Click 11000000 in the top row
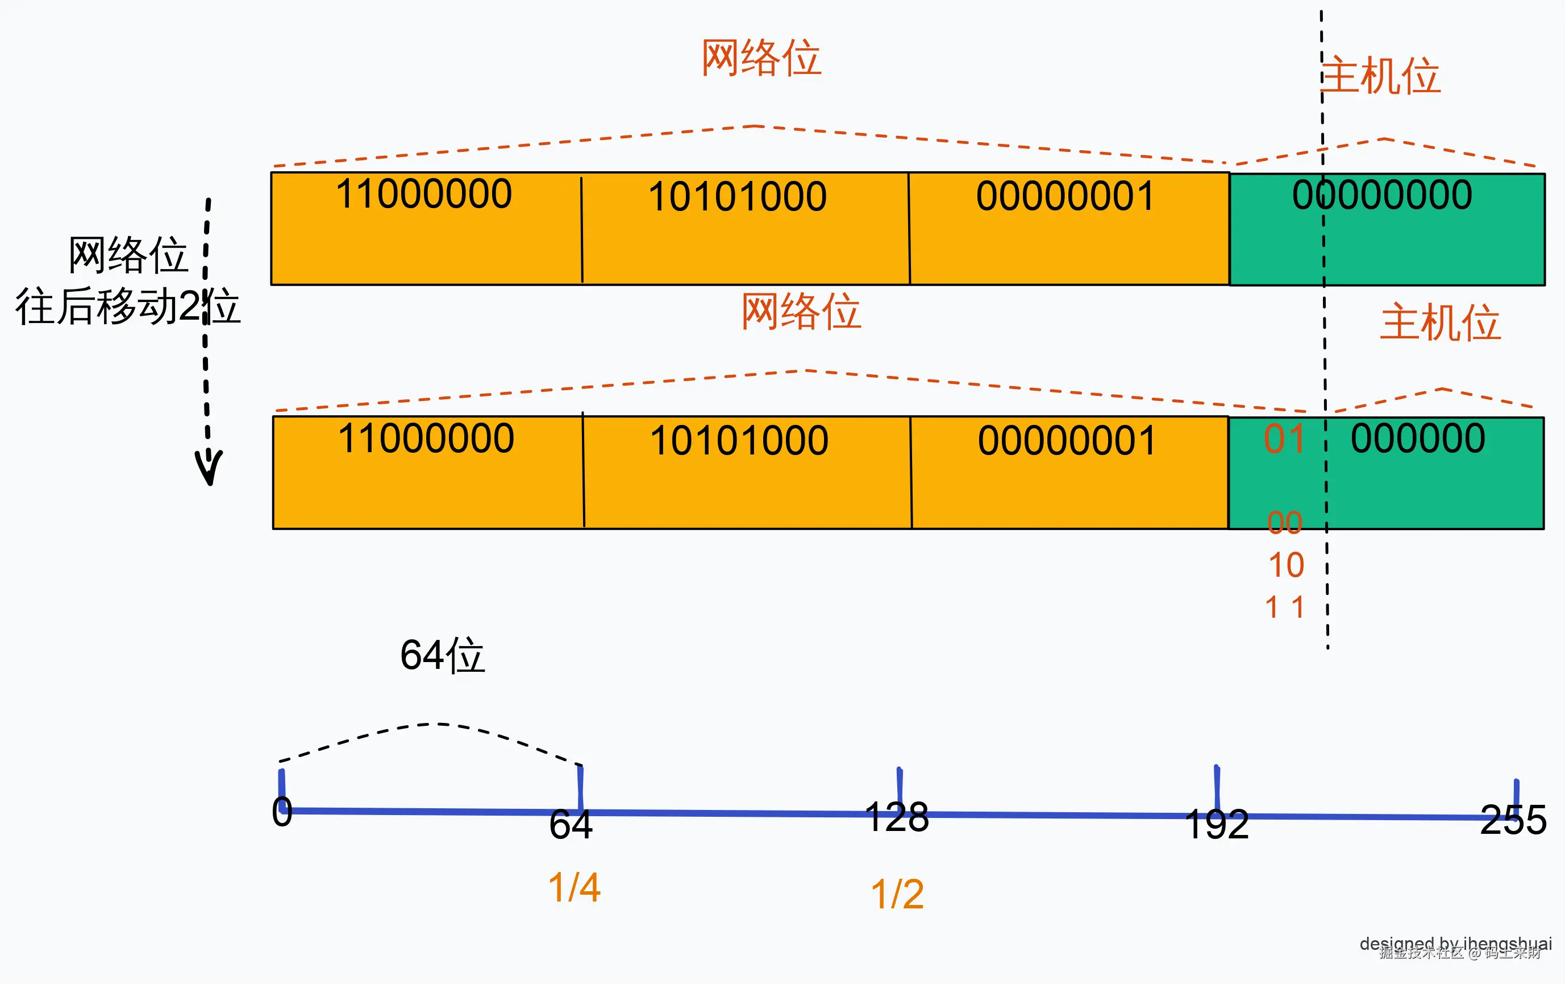424,194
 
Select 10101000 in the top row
737,196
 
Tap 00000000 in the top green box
1381,195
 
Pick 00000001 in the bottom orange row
1067,441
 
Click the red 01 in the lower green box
1284,439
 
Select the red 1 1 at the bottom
1284,608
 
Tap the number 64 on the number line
571,825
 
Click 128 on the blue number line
897,817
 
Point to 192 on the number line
1217,825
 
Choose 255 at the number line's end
1513,820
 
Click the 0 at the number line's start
282,812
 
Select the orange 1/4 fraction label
575,888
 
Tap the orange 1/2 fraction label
897,894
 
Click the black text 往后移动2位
127,307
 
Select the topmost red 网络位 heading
760,58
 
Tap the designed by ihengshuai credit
1455,943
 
